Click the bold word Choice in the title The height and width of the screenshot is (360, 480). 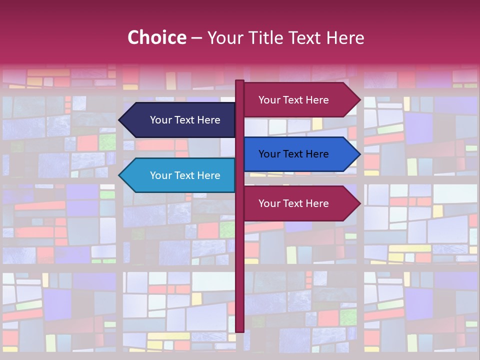(x=156, y=38)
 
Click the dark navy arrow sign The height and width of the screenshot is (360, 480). (x=180, y=120)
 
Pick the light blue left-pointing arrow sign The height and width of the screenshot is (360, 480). (x=180, y=175)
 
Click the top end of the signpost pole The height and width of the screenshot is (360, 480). (x=239, y=81)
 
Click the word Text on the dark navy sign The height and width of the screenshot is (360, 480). (x=185, y=120)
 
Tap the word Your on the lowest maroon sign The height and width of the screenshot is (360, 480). (x=268, y=203)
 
